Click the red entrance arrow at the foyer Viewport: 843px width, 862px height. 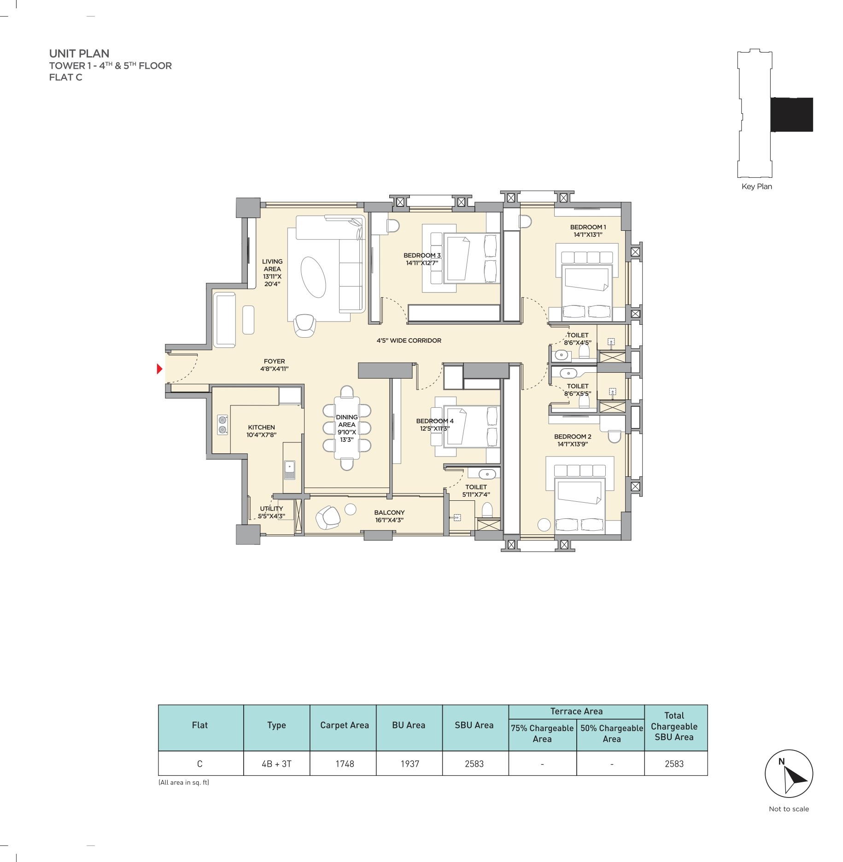click(159, 369)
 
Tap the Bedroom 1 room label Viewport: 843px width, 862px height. click(588, 231)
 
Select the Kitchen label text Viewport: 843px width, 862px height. click(261, 431)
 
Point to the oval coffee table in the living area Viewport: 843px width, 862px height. click(313, 277)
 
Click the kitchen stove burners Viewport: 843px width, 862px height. click(223, 425)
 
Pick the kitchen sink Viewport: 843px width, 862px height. click(289, 469)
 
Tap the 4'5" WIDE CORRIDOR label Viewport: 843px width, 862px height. click(409, 340)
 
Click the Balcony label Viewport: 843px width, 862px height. click(389, 516)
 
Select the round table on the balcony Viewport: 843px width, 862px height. click(351, 509)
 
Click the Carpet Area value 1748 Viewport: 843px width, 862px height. click(345, 764)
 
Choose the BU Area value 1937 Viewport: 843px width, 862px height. click(410, 764)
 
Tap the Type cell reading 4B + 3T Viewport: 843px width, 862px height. click(276, 764)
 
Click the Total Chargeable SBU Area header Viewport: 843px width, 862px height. click(674, 726)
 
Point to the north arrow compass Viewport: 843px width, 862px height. click(789, 774)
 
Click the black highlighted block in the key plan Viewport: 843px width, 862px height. click(792, 115)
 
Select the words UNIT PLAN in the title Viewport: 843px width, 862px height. click(79, 53)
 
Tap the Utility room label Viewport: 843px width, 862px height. click(271, 512)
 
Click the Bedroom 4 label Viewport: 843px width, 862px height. click(434, 424)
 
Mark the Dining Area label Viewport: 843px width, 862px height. click(347, 428)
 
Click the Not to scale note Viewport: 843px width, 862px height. click(789, 809)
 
